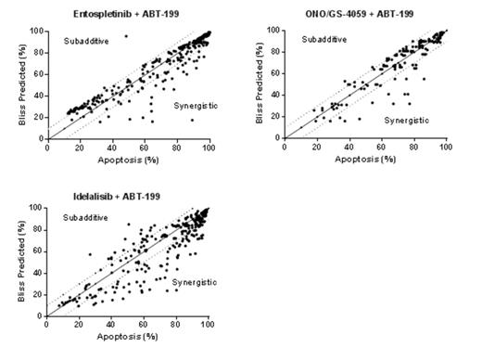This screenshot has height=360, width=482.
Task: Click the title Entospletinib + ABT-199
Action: (129, 13)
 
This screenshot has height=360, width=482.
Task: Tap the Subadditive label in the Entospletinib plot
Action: (88, 42)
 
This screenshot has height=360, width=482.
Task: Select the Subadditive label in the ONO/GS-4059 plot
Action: (322, 40)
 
